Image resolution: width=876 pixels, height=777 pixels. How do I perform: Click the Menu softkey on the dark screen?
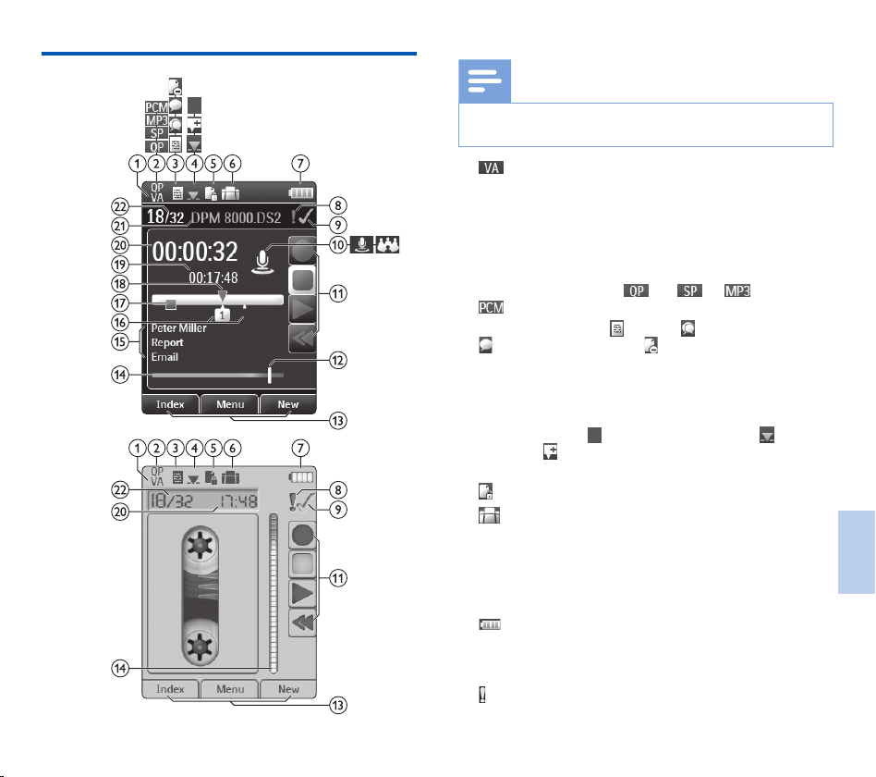229,404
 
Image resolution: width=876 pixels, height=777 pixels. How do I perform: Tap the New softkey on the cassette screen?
288,689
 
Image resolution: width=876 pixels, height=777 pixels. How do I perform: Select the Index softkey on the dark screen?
170,404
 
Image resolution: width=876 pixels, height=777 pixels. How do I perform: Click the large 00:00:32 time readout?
195,252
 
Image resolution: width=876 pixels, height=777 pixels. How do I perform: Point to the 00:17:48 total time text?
213,277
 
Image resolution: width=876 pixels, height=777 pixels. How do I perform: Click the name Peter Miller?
178,328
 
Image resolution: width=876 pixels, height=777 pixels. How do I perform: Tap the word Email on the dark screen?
164,357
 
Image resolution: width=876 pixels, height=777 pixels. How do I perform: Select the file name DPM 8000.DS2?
236,217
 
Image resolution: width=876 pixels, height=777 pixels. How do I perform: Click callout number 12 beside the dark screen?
338,360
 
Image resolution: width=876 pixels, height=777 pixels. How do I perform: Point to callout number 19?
120,264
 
